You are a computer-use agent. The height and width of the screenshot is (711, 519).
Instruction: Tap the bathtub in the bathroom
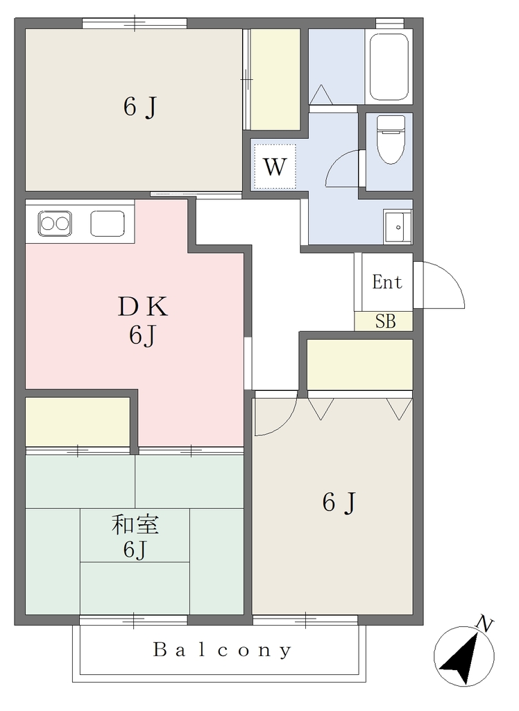389,66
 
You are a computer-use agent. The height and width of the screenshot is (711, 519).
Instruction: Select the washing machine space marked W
275,167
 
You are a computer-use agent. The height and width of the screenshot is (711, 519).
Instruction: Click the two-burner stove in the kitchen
55,223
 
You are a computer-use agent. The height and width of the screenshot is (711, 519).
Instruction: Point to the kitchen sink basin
108,224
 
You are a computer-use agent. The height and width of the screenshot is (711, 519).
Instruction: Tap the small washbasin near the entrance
398,227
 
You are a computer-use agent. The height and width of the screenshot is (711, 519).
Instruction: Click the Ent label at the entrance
387,282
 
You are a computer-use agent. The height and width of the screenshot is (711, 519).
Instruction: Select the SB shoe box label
385,321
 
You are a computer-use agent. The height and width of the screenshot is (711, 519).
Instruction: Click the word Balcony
222,650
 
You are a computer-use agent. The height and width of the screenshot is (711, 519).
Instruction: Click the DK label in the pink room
143,307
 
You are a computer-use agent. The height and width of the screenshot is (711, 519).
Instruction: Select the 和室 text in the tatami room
135,525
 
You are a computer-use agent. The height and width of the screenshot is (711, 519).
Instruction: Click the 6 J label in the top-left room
140,108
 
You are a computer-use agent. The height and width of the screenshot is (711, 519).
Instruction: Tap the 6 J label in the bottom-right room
339,503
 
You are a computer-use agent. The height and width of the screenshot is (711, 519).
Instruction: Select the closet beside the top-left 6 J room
275,79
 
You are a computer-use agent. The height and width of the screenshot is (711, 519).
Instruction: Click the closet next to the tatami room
78,421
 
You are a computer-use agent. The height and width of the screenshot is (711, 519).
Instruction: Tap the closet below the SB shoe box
360,365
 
